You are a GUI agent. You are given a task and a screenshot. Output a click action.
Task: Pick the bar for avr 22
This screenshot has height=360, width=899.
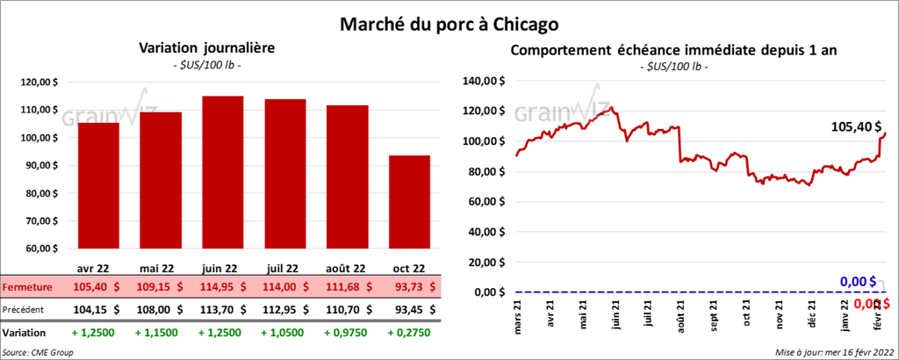click(x=97, y=185)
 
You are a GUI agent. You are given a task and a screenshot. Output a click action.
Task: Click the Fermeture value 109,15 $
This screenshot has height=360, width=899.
click(x=160, y=287)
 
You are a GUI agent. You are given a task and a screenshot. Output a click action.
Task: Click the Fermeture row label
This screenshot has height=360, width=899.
click(x=25, y=287)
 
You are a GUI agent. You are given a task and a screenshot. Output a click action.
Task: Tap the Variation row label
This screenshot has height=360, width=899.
click(x=24, y=334)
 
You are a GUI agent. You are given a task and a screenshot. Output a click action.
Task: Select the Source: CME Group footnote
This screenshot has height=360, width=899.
click(x=39, y=352)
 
